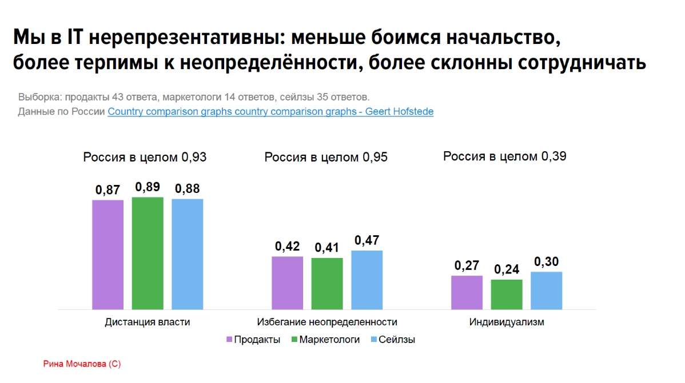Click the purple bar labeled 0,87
point(107,255)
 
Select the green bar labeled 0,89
point(148,253)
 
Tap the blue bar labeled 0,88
point(188,254)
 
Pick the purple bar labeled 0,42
point(287,283)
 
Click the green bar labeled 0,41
point(327,283)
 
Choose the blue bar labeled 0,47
point(367,280)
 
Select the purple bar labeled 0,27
point(467,292)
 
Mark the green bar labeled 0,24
point(507,294)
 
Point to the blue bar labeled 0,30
point(546,290)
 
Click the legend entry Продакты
point(253,340)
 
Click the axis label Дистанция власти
point(148,322)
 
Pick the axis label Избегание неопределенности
point(327,322)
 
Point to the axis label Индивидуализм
point(507,322)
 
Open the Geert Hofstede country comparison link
point(270,112)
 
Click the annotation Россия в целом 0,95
point(326,157)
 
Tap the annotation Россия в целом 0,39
point(505,156)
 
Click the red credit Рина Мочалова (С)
point(82,364)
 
